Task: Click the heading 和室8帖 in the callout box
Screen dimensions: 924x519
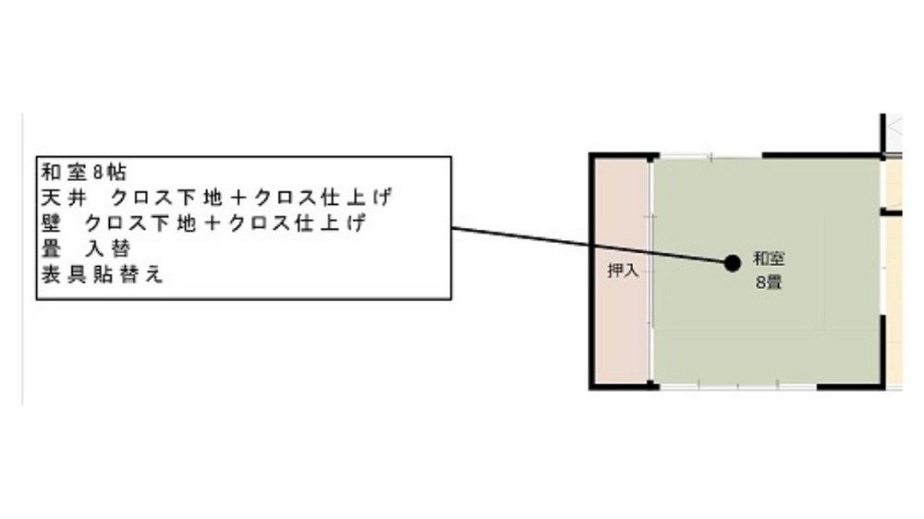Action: click(84, 173)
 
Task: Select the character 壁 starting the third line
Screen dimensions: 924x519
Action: click(51, 223)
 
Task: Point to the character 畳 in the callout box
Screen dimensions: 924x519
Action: click(51, 248)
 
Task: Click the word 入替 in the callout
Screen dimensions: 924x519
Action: click(108, 248)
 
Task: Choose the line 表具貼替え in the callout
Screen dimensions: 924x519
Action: click(102, 274)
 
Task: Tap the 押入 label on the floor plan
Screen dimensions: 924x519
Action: click(623, 271)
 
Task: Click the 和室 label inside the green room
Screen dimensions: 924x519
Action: click(769, 258)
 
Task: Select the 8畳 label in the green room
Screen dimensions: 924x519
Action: click(769, 283)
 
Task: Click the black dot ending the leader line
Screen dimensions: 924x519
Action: click(733, 263)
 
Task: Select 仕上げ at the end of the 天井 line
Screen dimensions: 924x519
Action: click(356, 198)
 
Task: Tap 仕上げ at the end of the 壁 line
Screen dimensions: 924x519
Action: click(330, 223)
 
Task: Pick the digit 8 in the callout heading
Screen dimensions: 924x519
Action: click(98, 173)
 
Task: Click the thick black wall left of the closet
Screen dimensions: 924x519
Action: click(591, 272)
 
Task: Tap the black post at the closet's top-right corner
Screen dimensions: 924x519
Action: click(651, 158)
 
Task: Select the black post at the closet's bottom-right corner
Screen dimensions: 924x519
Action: click(651, 385)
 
